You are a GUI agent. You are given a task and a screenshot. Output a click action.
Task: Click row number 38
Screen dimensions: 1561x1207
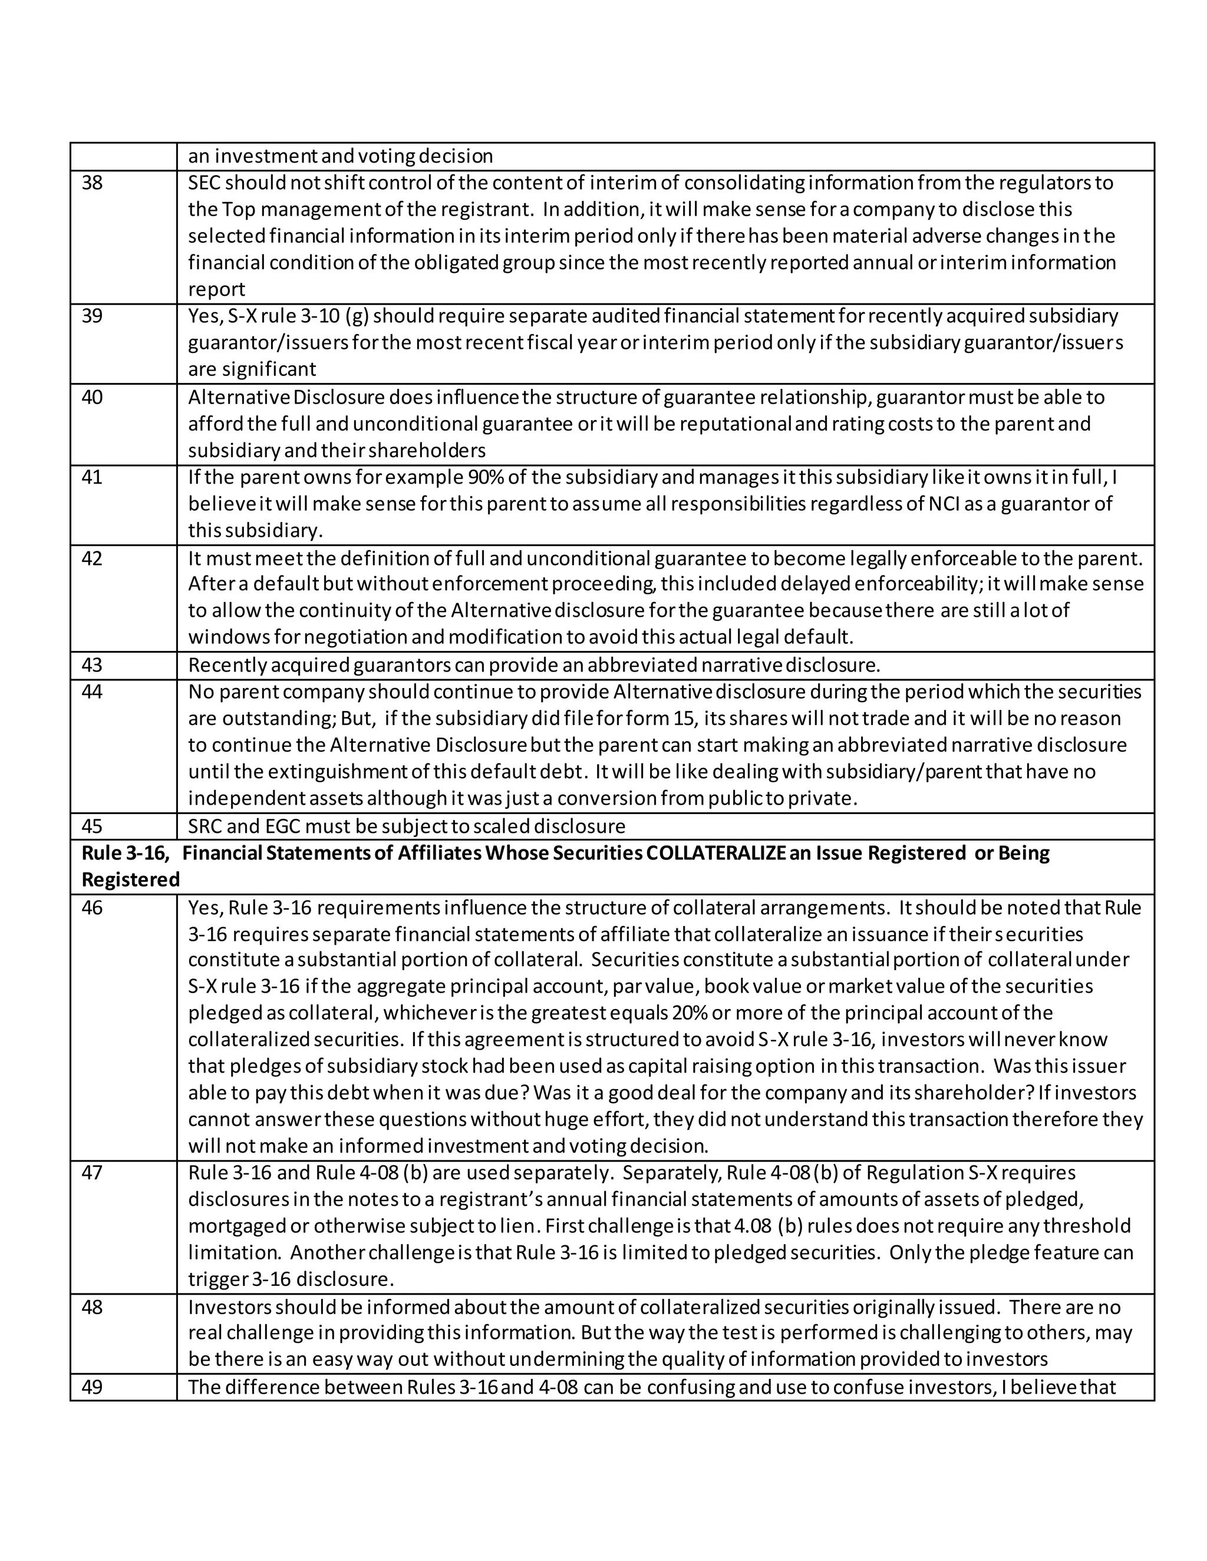point(93,183)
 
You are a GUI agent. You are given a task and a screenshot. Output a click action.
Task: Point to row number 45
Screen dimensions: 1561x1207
point(93,826)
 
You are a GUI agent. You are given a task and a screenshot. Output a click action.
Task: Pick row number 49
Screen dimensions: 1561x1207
point(93,1387)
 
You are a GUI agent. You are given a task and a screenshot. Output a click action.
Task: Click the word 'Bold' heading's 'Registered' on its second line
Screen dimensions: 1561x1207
point(130,880)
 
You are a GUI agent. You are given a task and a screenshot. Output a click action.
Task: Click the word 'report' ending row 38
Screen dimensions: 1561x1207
point(216,289)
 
